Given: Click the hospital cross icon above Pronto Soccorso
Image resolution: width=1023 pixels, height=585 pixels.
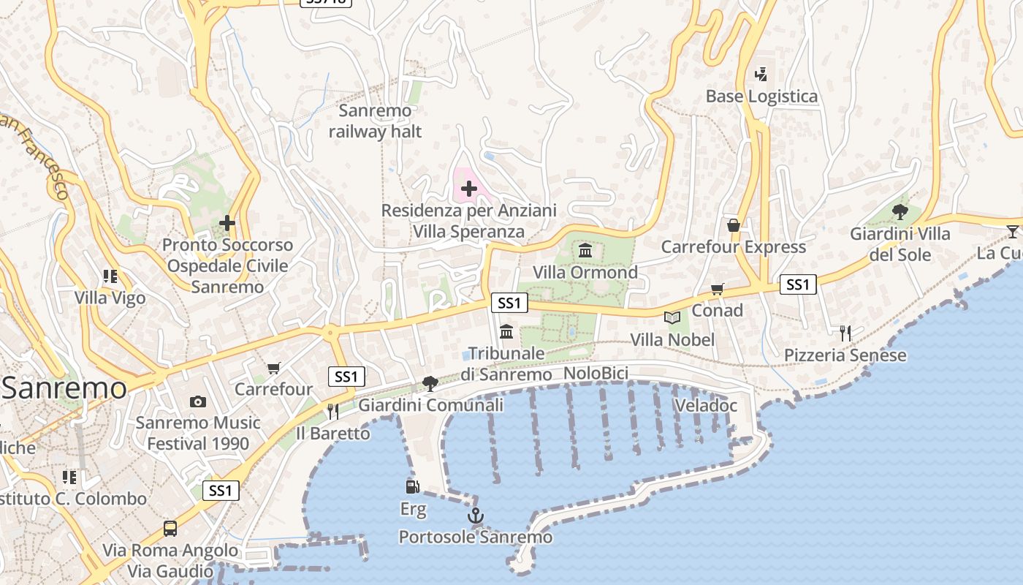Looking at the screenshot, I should click(x=227, y=222).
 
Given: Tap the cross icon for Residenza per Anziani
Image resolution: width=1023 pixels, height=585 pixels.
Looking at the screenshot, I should click(x=469, y=189).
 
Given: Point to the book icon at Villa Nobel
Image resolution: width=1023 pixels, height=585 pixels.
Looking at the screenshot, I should click(x=672, y=317).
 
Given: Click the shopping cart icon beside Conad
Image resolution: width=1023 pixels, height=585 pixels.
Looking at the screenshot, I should click(x=717, y=290).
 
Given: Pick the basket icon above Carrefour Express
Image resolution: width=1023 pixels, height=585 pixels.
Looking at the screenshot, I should click(x=734, y=225).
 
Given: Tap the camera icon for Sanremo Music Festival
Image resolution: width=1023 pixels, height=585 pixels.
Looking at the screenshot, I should click(x=197, y=401).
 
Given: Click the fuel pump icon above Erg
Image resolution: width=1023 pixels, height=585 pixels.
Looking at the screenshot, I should click(x=413, y=486).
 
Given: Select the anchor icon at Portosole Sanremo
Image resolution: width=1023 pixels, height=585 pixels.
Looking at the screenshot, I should click(x=476, y=516).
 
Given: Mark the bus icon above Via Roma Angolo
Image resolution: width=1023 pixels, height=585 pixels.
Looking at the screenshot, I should click(x=170, y=528).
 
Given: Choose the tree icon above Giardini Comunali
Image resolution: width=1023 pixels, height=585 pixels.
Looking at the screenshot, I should click(x=430, y=383).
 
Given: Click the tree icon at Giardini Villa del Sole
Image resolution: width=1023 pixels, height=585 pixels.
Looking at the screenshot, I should click(x=900, y=212).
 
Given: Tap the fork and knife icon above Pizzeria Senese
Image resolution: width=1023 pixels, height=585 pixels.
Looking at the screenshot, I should click(x=845, y=333).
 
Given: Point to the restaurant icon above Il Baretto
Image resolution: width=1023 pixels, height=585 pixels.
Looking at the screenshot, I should click(x=333, y=411).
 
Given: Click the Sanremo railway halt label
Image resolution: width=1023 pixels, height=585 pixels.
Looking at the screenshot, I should click(x=376, y=121).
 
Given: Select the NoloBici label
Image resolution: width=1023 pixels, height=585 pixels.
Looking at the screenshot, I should click(x=596, y=374).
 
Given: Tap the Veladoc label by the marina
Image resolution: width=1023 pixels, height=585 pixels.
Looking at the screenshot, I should click(x=706, y=406).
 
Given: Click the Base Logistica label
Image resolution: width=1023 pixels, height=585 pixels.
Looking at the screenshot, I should click(x=761, y=97).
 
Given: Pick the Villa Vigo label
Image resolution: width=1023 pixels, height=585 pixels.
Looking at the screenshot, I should click(x=110, y=298).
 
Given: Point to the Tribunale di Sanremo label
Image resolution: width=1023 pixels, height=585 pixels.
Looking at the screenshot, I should click(x=506, y=364).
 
